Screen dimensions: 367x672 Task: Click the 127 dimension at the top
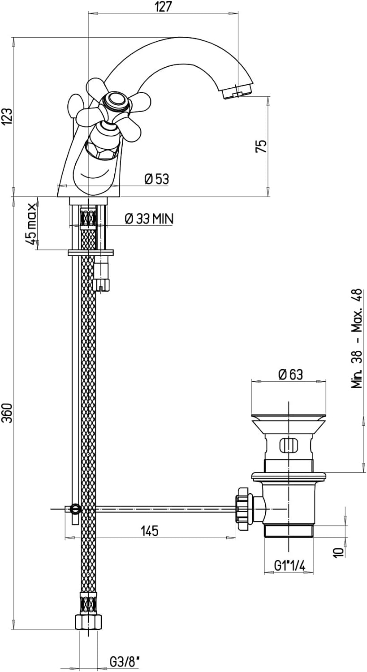click(x=164, y=7)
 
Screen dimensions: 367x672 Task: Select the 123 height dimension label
click(x=7, y=116)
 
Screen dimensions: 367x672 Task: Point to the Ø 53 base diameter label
click(x=157, y=179)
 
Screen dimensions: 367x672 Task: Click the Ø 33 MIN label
click(x=149, y=219)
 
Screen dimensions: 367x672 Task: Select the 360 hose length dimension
click(x=7, y=413)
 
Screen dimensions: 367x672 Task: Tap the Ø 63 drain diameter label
click(x=290, y=374)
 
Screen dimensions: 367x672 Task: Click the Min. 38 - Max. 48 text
click(x=357, y=339)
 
